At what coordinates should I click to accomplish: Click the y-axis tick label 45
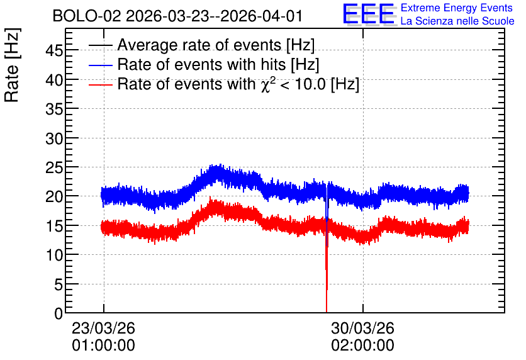[x=54, y=51]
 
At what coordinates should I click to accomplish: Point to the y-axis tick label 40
[x=54, y=81]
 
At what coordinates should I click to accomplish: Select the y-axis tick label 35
[x=54, y=110]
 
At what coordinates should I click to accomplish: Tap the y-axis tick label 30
[x=54, y=138]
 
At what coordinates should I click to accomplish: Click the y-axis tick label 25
[x=54, y=168]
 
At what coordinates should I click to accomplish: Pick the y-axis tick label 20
[x=54, y=197]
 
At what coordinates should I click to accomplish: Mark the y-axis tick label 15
[x=54, y=227]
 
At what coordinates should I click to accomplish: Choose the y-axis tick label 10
[x=54, y=256]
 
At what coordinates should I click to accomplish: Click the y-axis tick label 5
[x=59, y=285]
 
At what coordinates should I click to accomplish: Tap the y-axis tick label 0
[x=59, y=313]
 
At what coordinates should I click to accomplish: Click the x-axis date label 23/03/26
[x=103, y=328]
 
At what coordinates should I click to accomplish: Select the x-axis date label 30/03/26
[x=362, y=328]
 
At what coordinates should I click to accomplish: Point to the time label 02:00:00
[x=362, y=346]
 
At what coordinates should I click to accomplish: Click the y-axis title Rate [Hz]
[x=12, y=65]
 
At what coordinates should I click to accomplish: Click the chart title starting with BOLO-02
[x=178, y=16]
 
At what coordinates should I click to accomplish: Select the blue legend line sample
[x=101, y=65]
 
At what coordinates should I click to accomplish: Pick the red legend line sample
[x=101, y=85]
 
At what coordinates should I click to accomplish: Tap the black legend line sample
[x=101, y=45]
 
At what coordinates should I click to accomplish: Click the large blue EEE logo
[x=369, y=14]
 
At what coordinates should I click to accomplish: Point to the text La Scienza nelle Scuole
[x=457, y=21]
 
